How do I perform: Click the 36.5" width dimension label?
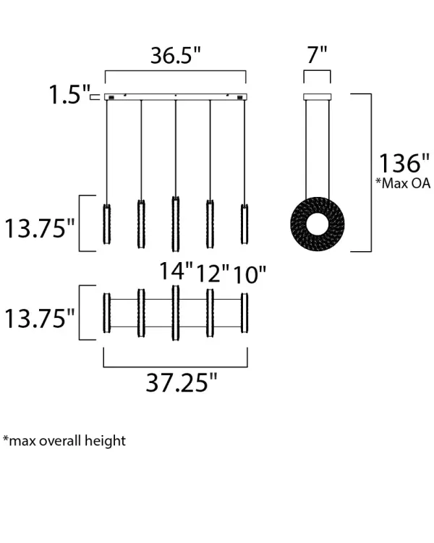click(176, 55)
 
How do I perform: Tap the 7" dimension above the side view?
click(317, 54)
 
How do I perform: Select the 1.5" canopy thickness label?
click(69, 95)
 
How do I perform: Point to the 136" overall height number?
click(404, 163)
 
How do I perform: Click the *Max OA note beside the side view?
click(403, 183)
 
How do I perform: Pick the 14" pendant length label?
click(176, 271)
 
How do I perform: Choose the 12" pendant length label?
click(213, 274)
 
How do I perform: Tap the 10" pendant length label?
click(249, 275)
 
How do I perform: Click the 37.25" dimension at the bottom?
click(182, 383)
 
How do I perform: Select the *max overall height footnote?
click(64, 440)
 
